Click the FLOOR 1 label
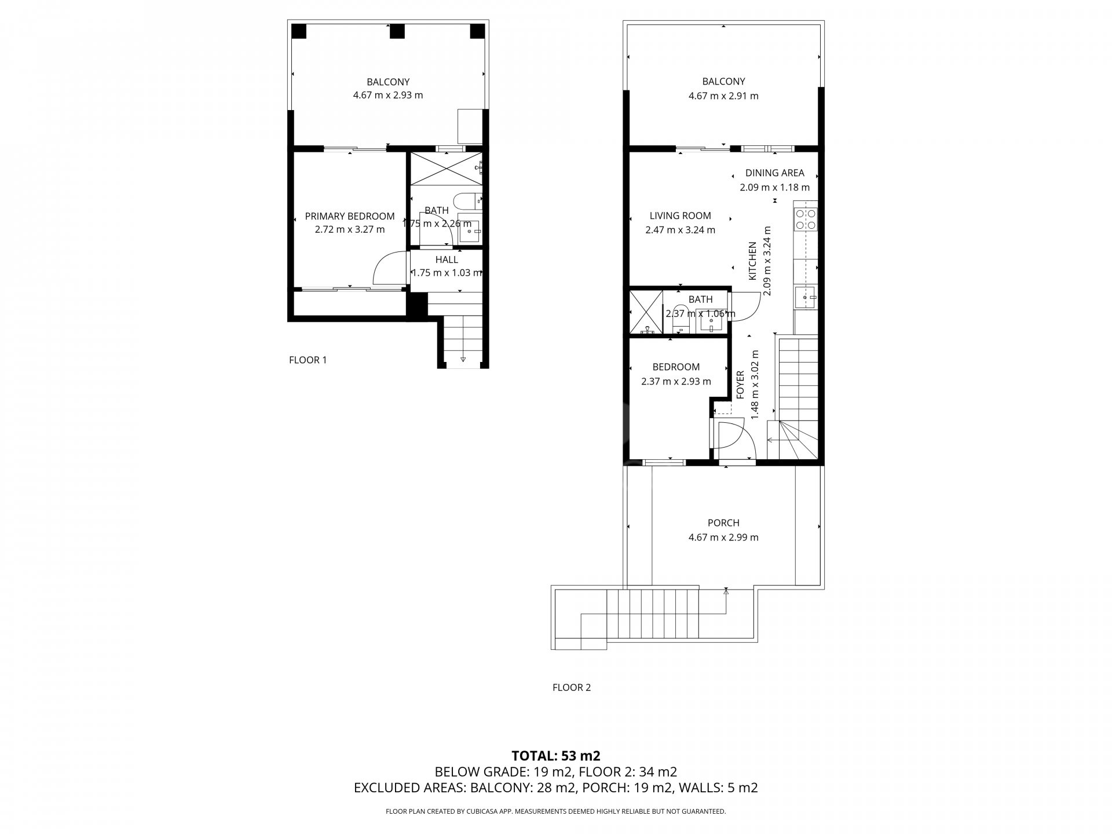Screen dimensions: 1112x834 (x=308, y=360)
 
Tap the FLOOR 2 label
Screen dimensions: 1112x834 (x=572, y=687)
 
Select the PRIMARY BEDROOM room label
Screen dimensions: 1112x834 (x=350, y=216)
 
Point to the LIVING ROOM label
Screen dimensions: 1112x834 (x=680, y=215)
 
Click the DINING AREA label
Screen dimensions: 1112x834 (x=775, y=173)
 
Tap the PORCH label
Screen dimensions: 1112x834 (x=723, y=522)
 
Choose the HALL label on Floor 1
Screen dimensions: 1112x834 (x=447, y=259)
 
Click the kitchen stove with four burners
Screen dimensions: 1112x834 (x=806, y=219)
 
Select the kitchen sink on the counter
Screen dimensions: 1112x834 (x=805, y=298)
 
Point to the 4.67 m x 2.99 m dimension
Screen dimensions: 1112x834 (x=723, y=537)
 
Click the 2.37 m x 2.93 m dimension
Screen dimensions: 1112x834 (x=676, y=381)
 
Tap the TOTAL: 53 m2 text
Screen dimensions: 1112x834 (x=556, y=756)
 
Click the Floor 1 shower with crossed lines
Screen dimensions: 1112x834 (x=446, y=169)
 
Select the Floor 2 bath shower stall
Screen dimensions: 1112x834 (x=646, y=312)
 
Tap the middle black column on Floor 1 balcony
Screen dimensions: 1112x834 (x=397, y=31)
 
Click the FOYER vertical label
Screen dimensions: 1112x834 (x=740, y=385)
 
